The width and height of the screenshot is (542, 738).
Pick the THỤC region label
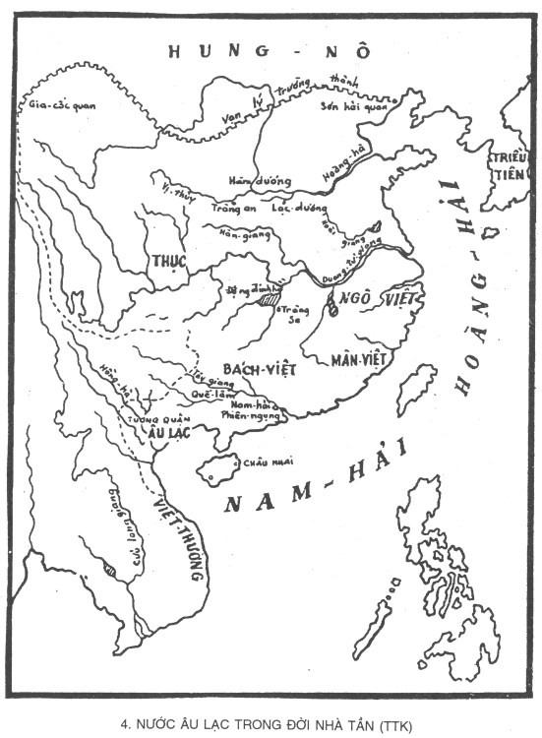pyautogui.click(x=168, y=260)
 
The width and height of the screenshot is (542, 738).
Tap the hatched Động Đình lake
pyautogui.click(x=267, y=299)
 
